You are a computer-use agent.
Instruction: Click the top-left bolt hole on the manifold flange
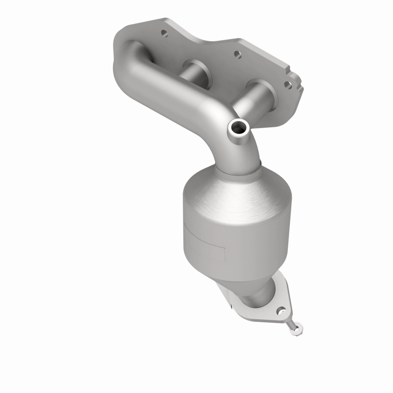click(x=164, y=34)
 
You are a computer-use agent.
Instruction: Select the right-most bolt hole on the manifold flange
click(x=289, y=84)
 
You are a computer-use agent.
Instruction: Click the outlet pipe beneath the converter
click(x=258, y=297)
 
